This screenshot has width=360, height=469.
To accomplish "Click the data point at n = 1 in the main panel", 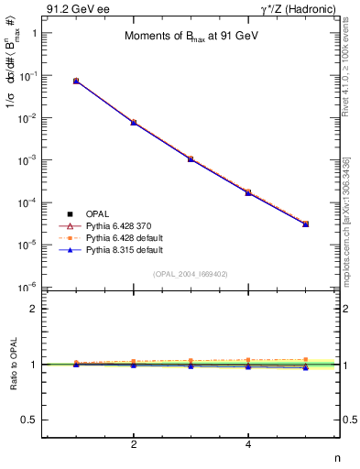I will click(x=76, y=81).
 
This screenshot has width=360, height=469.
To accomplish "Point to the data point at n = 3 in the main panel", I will click(x=191, y=158).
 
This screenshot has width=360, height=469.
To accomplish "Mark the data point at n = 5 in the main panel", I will click(x=305, y=224).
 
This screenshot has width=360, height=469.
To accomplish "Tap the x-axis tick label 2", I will click(x=134, y=446).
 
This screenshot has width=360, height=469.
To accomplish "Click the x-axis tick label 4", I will click(x=248, y=446).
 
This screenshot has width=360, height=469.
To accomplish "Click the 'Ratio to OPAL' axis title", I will click(x=12, y=365).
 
